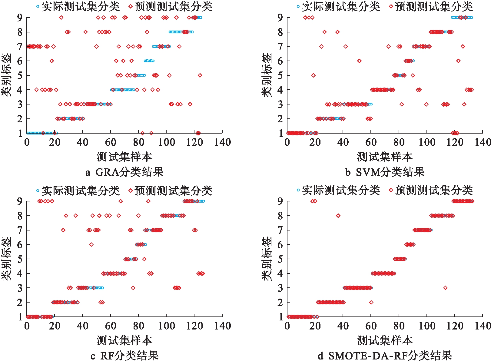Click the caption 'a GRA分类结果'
(124, 172)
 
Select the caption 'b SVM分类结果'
(385, 172)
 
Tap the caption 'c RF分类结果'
(124, 355)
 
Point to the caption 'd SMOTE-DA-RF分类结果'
(385, 355)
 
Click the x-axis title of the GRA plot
(124, 157)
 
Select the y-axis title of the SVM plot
(267, 75)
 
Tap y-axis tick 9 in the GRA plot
(20, 18)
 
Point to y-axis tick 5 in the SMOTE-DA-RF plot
(280, 259)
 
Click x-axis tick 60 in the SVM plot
(371, 142)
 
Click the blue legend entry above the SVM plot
(338, 6)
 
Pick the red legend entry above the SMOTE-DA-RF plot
(430, 190)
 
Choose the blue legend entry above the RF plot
(78, 190)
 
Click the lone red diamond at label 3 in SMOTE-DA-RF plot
(445, 288)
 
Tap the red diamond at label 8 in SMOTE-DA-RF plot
(338, 216)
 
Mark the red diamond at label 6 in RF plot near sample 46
(91, 244)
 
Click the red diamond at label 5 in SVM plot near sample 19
(313, 75)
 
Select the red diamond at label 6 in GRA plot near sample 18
(52, 61)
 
